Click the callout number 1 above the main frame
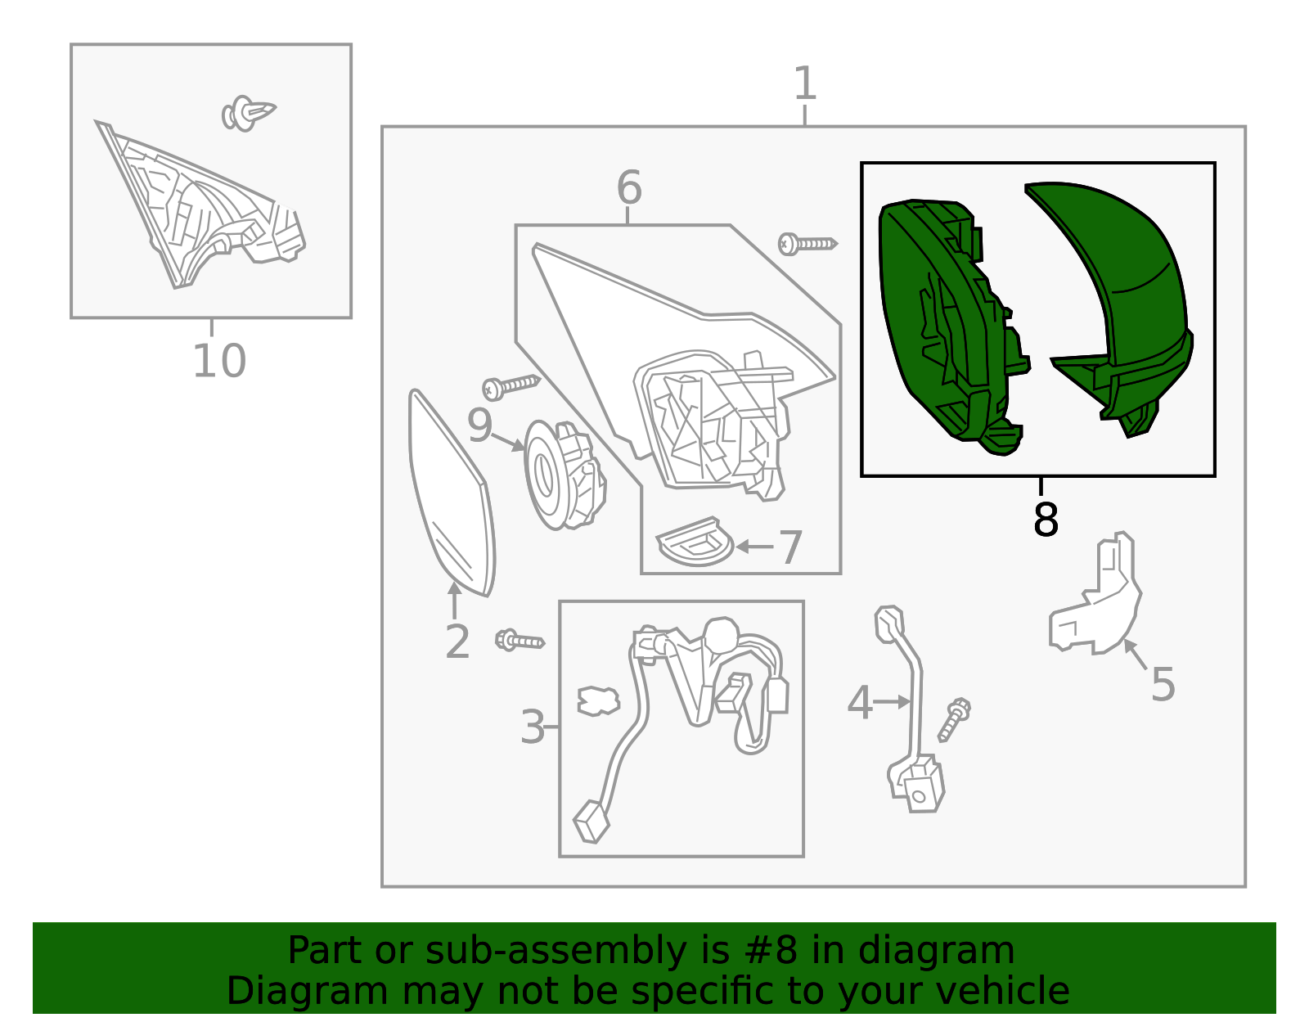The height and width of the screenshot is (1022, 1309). click(805, 83)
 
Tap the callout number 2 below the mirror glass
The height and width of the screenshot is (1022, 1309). click(457, 642)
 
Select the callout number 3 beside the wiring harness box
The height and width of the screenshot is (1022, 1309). click(533, 727)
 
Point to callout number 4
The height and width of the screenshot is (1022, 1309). click(860, 702)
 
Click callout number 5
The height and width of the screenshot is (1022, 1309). click(1163, 684)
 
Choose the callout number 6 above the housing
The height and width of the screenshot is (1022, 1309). click(629, 187)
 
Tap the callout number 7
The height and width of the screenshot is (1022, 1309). click(791, 547)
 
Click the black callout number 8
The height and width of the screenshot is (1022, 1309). click(1045, 519)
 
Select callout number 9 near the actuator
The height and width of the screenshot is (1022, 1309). click(479, 425)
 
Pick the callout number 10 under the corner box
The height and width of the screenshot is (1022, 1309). click(219, 361)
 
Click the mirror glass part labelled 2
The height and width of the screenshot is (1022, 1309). click(452, 493)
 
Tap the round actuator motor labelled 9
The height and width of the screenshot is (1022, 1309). click(565, 475)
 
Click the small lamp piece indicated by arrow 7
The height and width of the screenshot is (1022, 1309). click(695, 542)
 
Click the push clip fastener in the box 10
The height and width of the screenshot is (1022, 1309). click(248, 113)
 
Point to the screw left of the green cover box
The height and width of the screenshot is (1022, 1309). click(807, 244)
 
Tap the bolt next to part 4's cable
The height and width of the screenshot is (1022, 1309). click(954, 720)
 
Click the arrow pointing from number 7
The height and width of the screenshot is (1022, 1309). click(755, 547)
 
